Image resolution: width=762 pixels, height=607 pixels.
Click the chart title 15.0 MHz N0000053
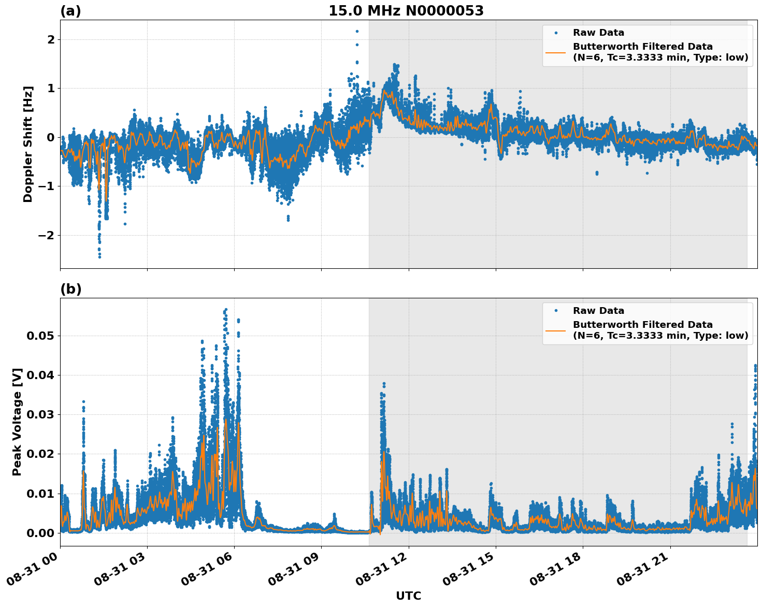click(x=406, y=11)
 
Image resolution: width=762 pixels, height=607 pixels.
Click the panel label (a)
click(x=70, y=11)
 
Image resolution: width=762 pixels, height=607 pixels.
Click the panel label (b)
click(x=70, y=289)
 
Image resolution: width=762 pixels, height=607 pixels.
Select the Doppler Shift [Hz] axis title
click(x=28, y=144)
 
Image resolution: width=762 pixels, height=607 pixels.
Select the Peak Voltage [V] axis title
click(x=17, y=422)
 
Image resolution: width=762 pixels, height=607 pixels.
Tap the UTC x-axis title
click(x=408, y=596)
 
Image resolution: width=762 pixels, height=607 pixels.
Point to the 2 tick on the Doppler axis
click(x=51, y=39)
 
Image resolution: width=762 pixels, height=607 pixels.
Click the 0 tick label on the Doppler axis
click(x=51, y=137)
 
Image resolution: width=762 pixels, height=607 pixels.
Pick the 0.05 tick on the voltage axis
click(x=40, y=336)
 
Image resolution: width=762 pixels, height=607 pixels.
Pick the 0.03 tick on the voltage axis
click(x=40, y=414)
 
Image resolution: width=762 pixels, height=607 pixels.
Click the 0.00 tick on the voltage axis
click(x=40, y=532)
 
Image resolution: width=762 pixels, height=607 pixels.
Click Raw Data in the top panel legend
click(x=598, y=33)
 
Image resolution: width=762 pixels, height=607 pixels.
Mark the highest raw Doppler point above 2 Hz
click(x=357, y=31)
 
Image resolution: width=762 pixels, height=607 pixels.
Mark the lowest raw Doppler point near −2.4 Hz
click(x=99, y=256)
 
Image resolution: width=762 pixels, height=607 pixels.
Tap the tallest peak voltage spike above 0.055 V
click(x=225, y=310)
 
